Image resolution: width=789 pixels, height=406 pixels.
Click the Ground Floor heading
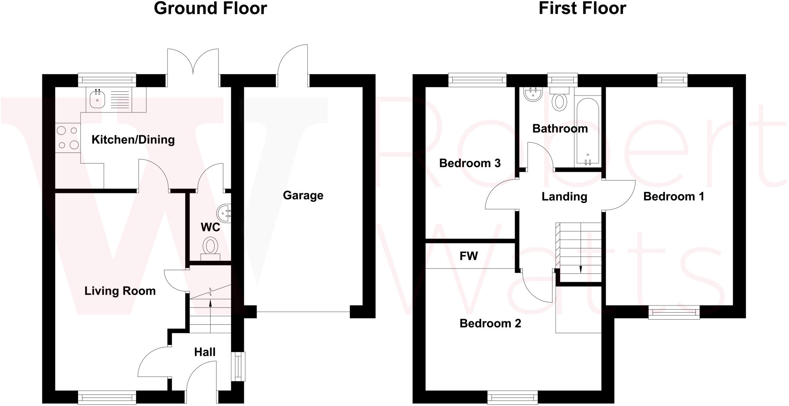[210, 8]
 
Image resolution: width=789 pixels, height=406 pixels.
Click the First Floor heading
[582, 8]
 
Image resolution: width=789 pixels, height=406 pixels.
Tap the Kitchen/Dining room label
[133, 139]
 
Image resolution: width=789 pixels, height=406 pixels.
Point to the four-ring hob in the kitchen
[68, 138]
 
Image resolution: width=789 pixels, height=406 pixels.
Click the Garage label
[303, 195]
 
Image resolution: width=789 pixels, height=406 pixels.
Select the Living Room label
[120, 291]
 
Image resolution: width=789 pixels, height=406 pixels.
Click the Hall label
[205, 352]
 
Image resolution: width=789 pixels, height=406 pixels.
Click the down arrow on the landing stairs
[581, 268]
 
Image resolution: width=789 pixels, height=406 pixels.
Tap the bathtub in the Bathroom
[587, 129]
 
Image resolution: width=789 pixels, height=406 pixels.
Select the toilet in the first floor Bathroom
[559, 100]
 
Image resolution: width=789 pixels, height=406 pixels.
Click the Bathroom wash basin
[533, 94]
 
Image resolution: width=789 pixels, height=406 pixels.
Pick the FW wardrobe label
[468, 256]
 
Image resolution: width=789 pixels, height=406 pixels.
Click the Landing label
[564, 196]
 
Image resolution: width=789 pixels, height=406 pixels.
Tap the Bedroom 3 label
[470, 163]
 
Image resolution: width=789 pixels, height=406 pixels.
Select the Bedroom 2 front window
[512, 397]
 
